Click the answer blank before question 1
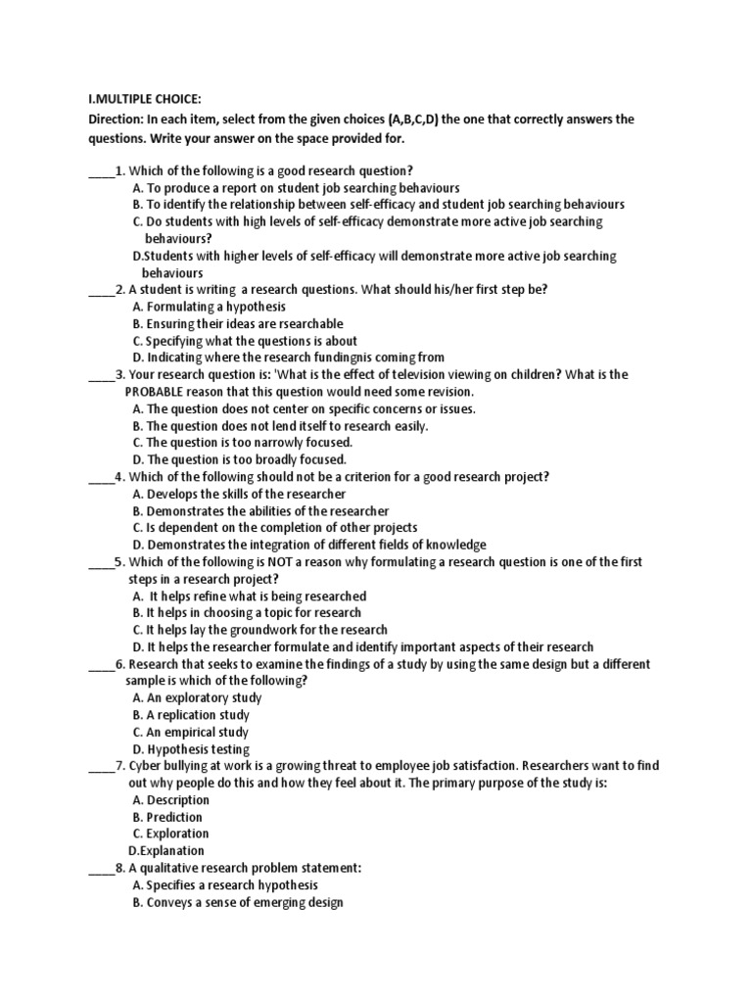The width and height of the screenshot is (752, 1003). (x=101, y=169)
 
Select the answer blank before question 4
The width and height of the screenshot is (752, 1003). (x=101, y=477)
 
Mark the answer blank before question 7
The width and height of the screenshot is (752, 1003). (x=101, y=766)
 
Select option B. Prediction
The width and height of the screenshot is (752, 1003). (x=167, y=817)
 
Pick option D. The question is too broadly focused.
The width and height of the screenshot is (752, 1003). (x=239, y=459)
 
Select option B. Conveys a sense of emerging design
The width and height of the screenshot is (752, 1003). (x=237, y=902)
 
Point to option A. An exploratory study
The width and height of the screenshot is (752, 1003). (x=197, y=698)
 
